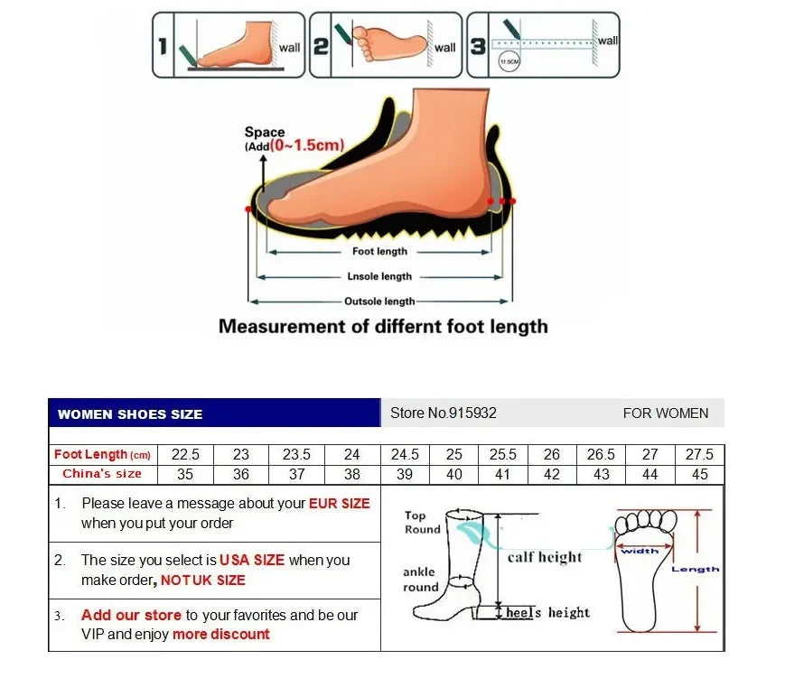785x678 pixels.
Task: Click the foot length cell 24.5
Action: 405,454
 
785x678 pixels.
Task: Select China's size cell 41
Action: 502,474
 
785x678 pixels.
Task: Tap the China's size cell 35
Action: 185,474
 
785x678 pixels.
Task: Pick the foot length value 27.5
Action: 698,454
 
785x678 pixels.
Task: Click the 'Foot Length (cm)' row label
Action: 102,455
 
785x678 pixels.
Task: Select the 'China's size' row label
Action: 102,474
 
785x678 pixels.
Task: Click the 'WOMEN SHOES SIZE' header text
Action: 130,414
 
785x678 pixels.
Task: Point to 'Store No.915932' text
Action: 443,413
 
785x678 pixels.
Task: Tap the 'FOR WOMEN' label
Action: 666,413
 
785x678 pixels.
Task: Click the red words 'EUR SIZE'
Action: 340,504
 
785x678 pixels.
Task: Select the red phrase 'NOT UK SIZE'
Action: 203,580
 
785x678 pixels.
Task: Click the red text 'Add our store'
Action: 131,615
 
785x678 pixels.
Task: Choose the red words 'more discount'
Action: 221,634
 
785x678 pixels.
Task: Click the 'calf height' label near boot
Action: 545,557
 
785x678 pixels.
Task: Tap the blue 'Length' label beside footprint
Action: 695,570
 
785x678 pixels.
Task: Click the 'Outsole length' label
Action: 379,302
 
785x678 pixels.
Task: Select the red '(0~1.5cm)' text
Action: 307,144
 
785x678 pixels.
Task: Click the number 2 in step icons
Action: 321,44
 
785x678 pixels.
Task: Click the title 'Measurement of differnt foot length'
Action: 383,326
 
